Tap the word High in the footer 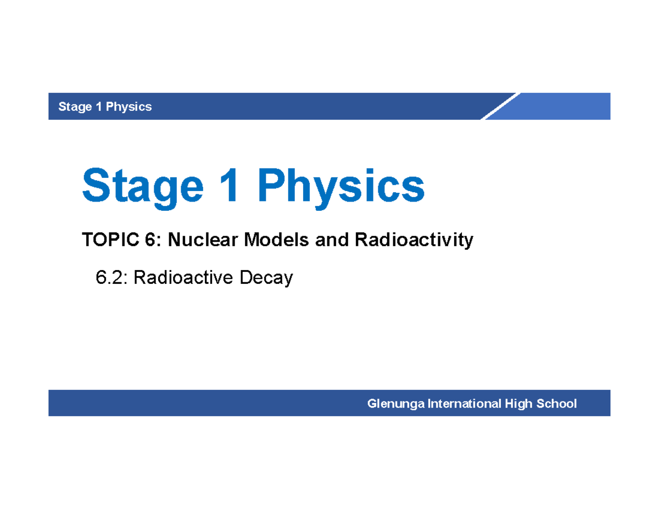click(x=518, y=405)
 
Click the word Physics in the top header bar click(x=129, y=107)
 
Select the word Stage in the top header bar click(x=75, y=107)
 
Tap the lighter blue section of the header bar click(x=566, y=106)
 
